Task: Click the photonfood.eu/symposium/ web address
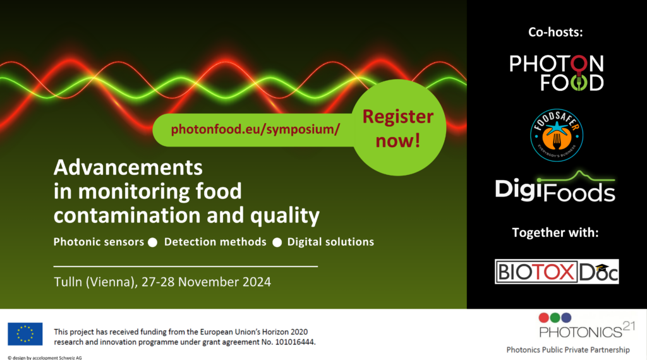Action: [x=255, y=129]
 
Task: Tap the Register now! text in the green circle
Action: [x=398, y=128]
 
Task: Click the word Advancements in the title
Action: [x=128, y=167]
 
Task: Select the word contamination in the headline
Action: [x=128, y=215]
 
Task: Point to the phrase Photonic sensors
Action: [x=99, y=242]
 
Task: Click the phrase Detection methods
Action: [x=215, y=242]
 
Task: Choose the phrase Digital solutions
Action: [x=330, y=242]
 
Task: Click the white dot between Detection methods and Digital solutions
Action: [x=277, y=243]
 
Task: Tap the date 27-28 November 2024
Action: [x=207, y=282]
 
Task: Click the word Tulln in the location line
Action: [x=68, y=282]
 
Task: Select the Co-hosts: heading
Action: [x=555, y=32]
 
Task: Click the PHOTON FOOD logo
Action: [x=557, y=73]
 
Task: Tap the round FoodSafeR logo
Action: [x=557, y=135]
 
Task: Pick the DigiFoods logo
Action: [x=555, y=187]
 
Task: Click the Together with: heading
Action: [x=555, y=232]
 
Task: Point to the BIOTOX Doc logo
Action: [x=557, y=272]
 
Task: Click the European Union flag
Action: [x=25, y=334]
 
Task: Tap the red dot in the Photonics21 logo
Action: [x=544, y=318]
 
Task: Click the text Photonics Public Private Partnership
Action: [x=568, y=350]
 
